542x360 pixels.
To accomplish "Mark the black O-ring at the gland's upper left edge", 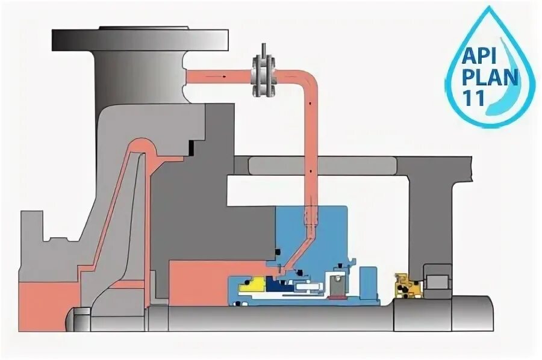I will click(x=278, y=251).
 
